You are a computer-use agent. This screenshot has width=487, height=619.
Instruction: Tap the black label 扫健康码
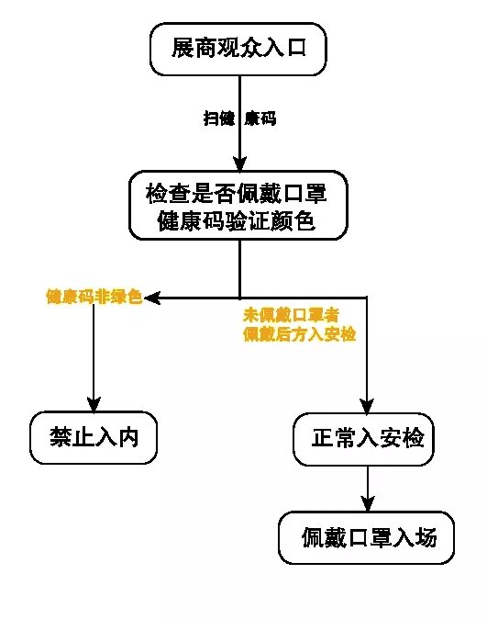238,118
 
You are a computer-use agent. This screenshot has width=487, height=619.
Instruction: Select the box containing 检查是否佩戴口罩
238,206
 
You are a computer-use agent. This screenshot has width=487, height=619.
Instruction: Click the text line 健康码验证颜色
238,221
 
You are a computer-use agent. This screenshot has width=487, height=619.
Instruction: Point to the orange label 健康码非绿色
94,297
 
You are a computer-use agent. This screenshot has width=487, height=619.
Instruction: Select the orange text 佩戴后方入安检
299,334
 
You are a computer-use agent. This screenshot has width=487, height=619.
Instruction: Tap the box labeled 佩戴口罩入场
367,537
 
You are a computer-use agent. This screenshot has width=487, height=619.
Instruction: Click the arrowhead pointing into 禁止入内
94,403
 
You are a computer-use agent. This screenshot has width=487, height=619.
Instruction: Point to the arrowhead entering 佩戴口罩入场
367,503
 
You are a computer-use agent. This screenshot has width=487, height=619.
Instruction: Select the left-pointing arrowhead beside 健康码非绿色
152,298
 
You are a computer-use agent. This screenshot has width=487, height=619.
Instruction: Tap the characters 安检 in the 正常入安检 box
404,439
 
